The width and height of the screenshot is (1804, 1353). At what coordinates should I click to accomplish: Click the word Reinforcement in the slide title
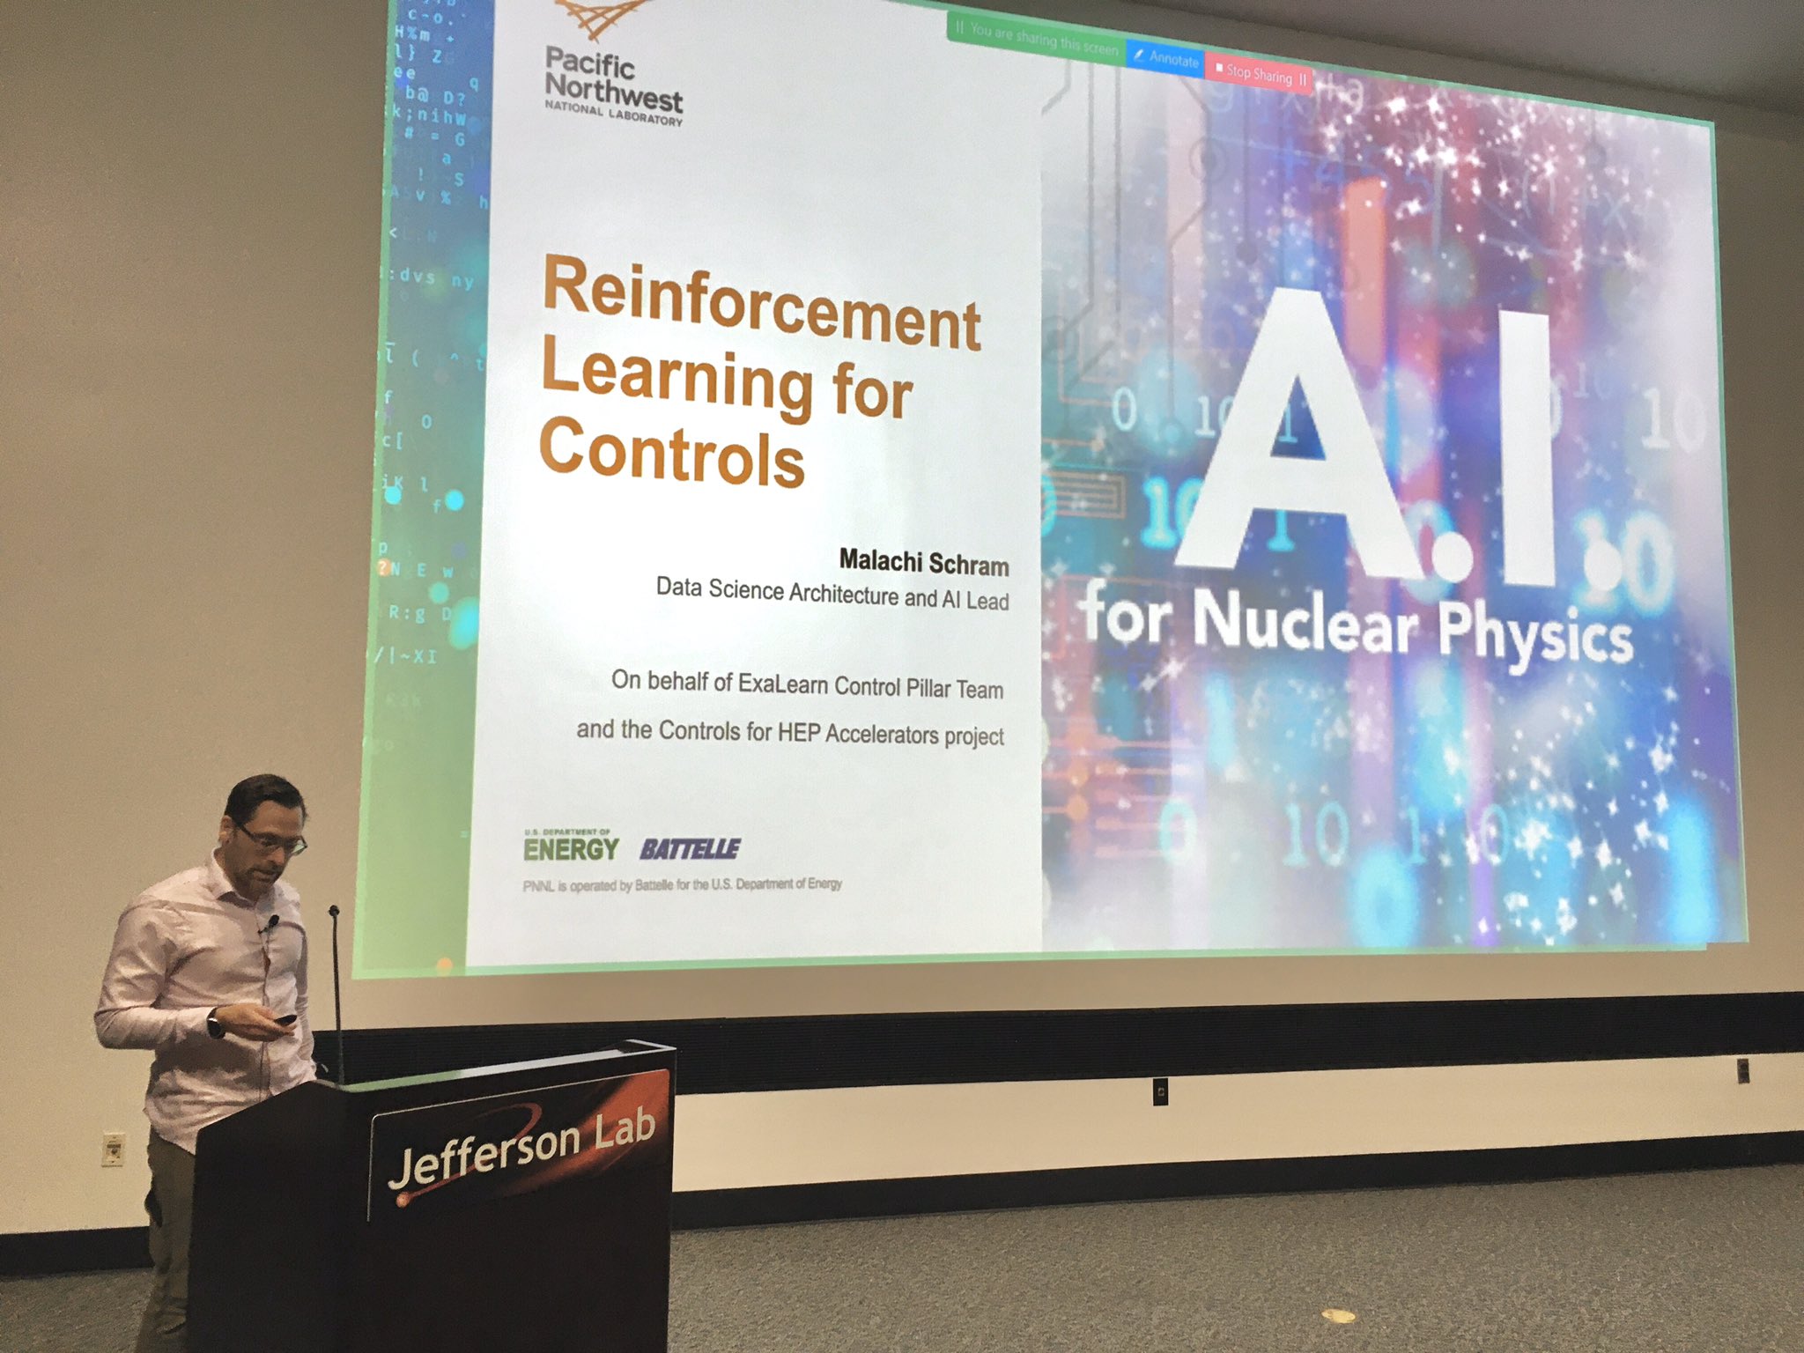coord(761,304)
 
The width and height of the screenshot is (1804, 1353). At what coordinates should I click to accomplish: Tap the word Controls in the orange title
coord(671,453)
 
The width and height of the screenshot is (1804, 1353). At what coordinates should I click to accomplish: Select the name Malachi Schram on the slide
coord(923,561)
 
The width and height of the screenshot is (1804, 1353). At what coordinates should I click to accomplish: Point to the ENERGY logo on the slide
coord(571,848)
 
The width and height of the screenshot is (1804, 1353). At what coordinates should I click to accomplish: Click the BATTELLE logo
coord(690,849)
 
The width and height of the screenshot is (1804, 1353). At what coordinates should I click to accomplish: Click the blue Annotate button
coord(1166,59)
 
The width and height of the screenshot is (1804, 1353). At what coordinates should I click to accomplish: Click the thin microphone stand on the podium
coord(336,987)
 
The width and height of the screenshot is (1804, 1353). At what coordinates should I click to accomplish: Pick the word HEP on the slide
coord(799,732)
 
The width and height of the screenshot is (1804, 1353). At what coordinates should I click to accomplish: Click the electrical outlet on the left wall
coord(113,1150)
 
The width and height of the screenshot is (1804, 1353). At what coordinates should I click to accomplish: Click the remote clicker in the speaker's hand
coord(284,1019)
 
